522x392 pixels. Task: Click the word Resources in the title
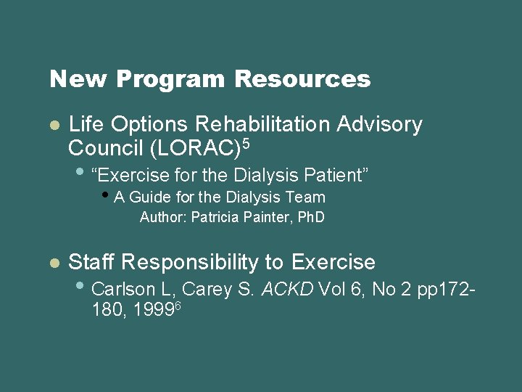tap(302, 78)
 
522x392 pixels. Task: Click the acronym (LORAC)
tap(194, 148)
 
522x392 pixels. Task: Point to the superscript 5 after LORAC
tap(246, 144)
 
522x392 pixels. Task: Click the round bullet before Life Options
tap(54, 126)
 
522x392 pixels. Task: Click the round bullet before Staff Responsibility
tap(54, 264)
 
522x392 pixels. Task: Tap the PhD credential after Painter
tap(307, 217)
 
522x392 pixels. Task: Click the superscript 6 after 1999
tap(177, 304)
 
